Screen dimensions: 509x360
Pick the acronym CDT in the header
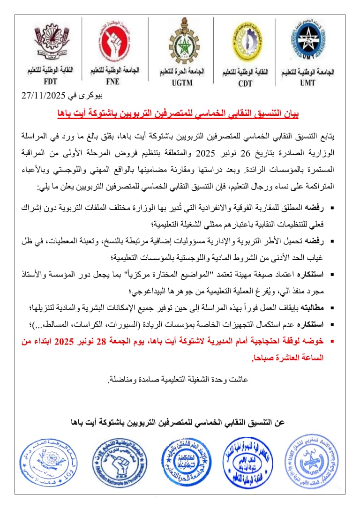pos(245,83)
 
